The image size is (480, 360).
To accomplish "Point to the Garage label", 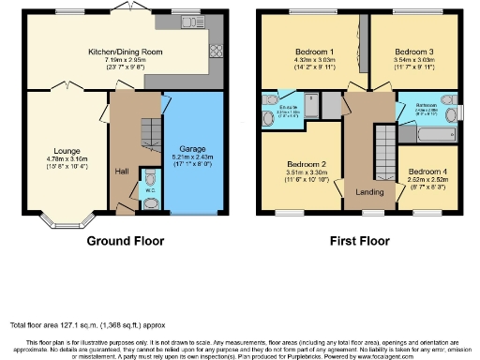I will (x=192, y=150).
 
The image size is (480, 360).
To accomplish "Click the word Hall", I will (x=120, y=172).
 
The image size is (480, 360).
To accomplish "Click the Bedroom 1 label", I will (x=302, y=52).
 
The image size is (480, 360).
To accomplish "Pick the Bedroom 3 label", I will (x=413, y=52).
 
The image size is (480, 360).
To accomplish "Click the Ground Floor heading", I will (x=126, y=241).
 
